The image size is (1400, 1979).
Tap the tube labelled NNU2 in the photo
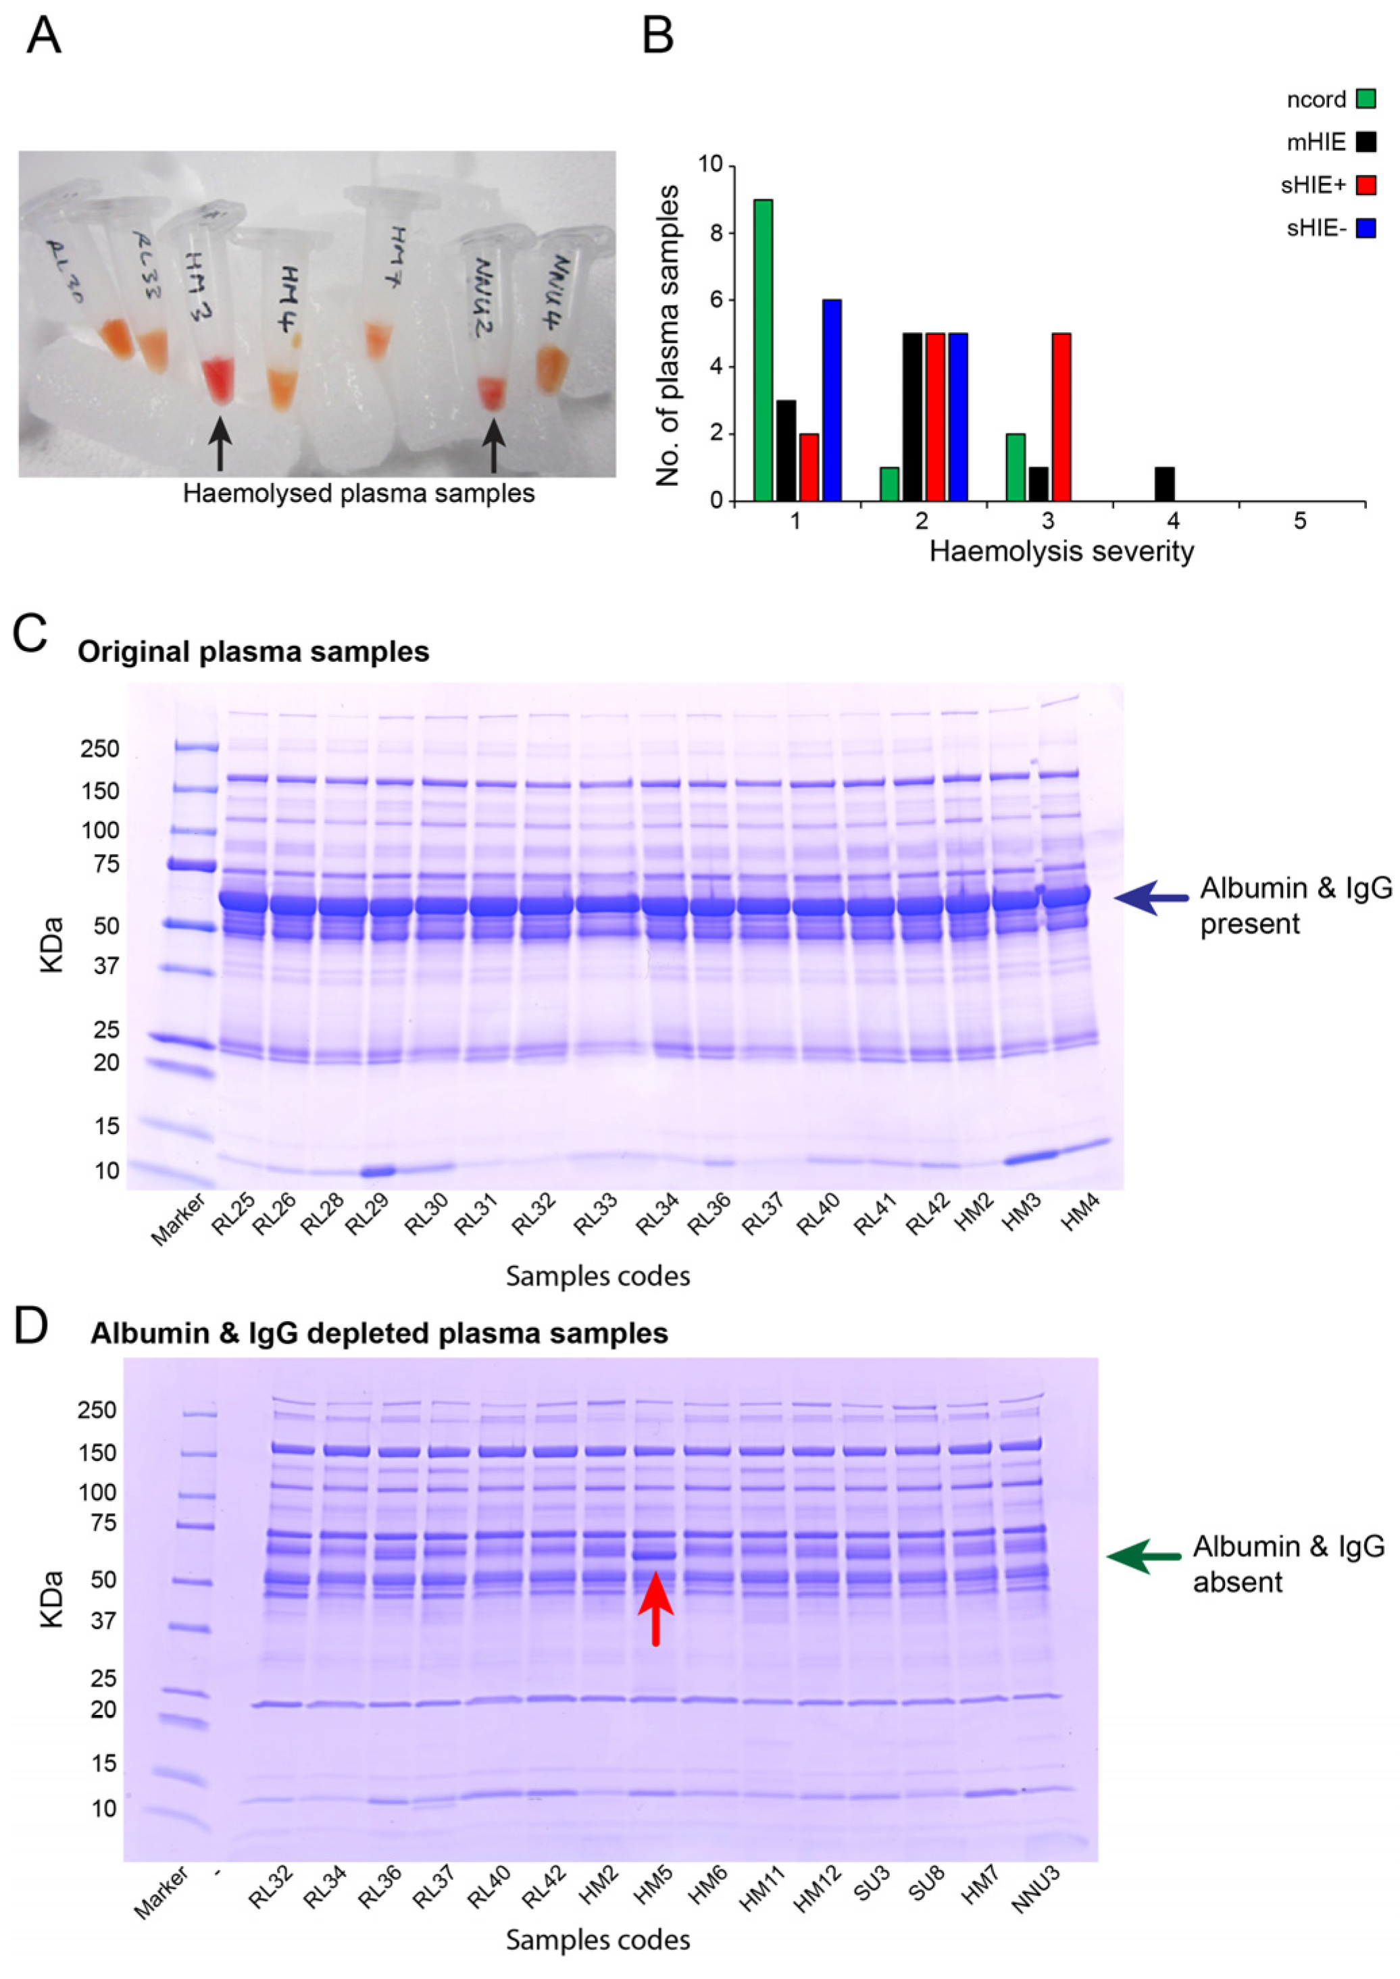(487, 328)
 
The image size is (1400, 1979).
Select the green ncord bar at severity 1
(763, 350)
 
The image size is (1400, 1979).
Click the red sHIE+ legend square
(1366, 184)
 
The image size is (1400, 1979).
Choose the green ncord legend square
(1366, 99)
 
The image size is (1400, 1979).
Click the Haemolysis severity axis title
(1061, 552)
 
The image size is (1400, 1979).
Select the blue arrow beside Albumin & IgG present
(1151, 897)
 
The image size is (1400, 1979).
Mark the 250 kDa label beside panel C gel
(100, 749)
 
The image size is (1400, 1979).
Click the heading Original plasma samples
(253, 652)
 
